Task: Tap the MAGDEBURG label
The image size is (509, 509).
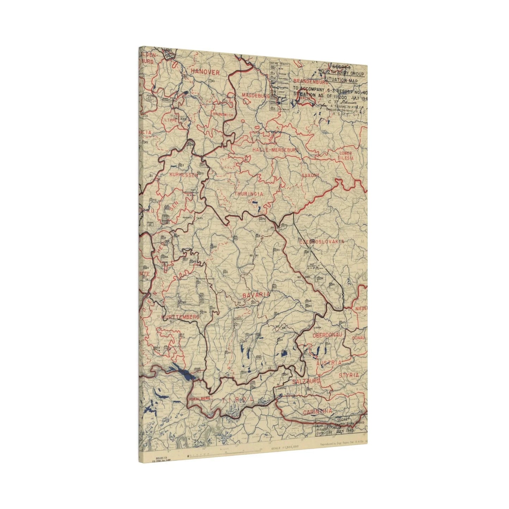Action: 255,96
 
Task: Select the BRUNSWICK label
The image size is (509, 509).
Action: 223,115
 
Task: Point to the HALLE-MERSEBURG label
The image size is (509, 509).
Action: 275,150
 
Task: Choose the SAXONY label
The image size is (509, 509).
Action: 310,175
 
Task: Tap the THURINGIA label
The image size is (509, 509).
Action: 249,194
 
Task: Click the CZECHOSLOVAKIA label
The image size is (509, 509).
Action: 321,242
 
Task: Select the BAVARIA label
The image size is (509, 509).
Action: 256,294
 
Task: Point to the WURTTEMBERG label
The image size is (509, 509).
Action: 180,317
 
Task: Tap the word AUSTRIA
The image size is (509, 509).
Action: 329,362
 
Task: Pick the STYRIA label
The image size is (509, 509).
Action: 349,375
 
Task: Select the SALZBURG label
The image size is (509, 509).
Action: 306,381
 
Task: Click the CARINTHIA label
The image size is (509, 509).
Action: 317,411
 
